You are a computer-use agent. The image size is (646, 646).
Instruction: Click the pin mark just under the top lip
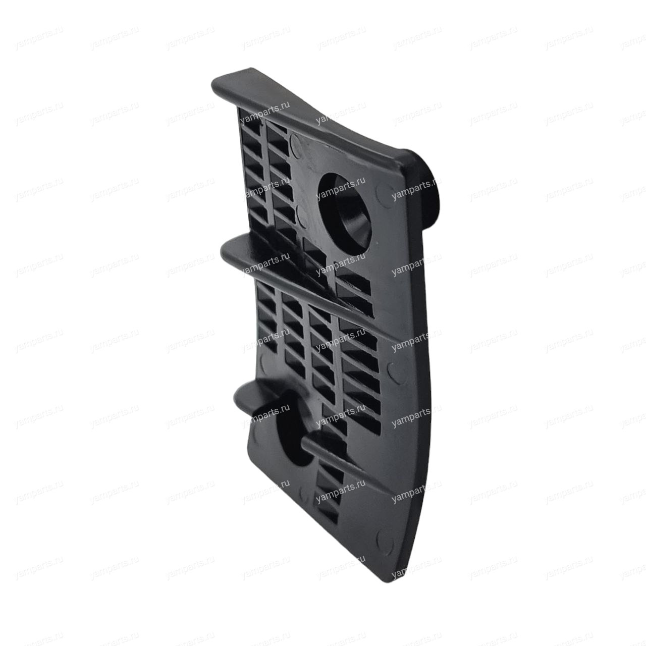295,145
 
